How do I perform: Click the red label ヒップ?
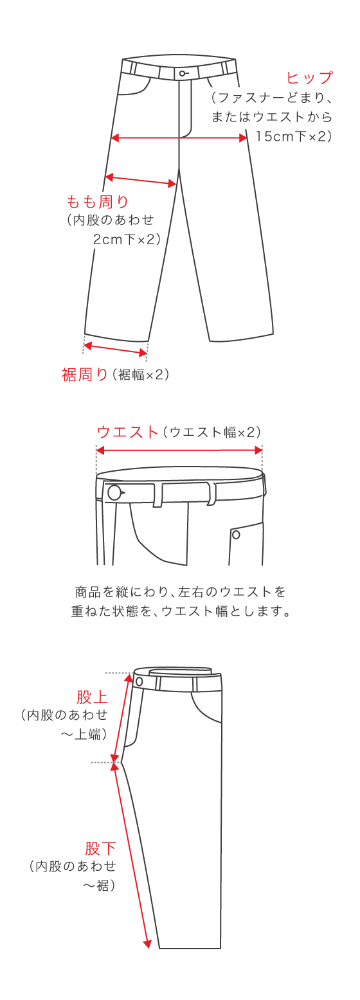(309, 78)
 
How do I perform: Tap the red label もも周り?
(98, 202)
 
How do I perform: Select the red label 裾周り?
(85, 375)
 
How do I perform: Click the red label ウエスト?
(127, 432)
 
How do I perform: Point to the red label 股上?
(92, 697)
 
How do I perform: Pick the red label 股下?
(100, 848)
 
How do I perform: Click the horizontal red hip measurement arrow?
(179, 138)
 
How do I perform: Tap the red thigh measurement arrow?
(141, 181)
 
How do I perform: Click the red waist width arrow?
(179, 451)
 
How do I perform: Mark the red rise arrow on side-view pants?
(123, 717)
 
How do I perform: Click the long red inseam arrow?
(132, 855)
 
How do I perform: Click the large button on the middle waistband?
(114, 493)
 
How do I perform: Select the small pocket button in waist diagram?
(236, 535)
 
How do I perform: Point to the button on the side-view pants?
(139, 681)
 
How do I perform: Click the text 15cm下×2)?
(293, 136)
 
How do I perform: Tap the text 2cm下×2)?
(126, 239)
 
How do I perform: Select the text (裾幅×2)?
(141, 375)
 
